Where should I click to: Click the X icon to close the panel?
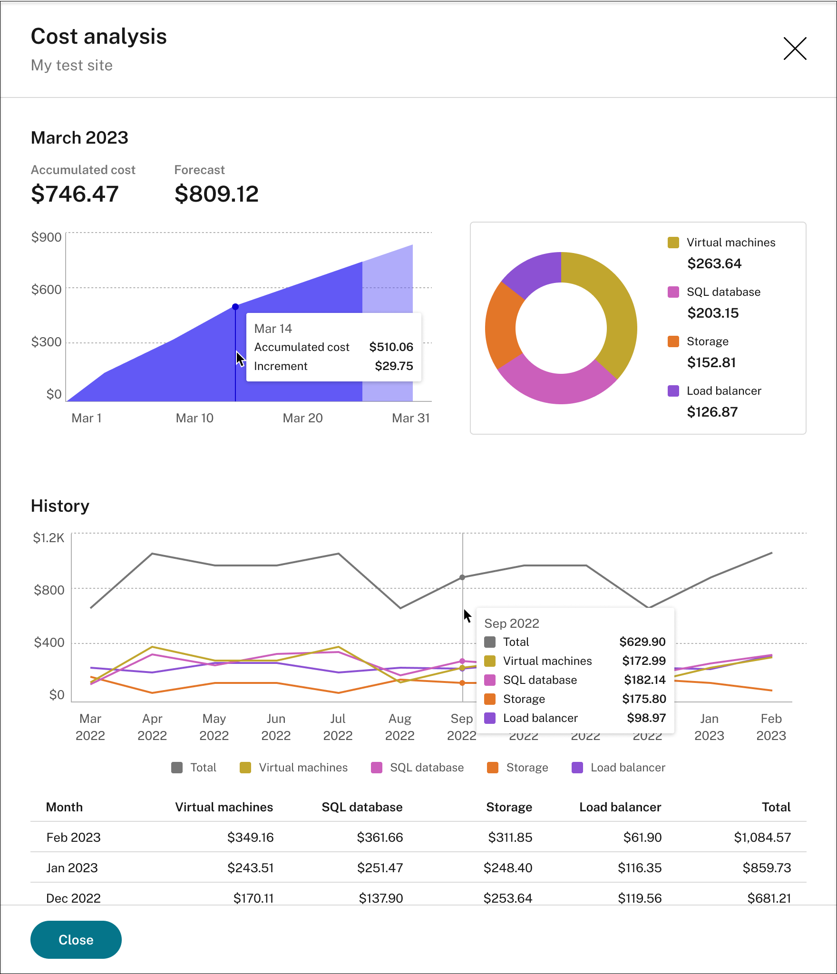coord(795,49)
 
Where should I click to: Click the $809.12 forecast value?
coord(216,194)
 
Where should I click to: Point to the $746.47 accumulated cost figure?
coord(75,194)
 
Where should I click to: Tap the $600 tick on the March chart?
coord(46,289)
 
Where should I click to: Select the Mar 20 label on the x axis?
coord(302,418)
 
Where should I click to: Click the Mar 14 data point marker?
coord(235,307)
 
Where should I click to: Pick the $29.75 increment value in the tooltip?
coord(394,366)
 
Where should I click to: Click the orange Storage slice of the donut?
coord(502,326)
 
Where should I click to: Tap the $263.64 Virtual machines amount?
coord(714,263)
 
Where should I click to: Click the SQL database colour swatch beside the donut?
coord(673,292)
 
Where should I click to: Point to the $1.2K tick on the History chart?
coord(49,538)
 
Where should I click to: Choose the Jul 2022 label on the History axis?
coord(338,727)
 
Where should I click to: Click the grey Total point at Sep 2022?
coord(462,577)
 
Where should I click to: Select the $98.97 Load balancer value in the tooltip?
coord(646,718)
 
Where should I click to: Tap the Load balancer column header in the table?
coord(620,807)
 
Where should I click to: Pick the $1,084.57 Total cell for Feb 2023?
coord(762,838)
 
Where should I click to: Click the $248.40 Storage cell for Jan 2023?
coord(508,868)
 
